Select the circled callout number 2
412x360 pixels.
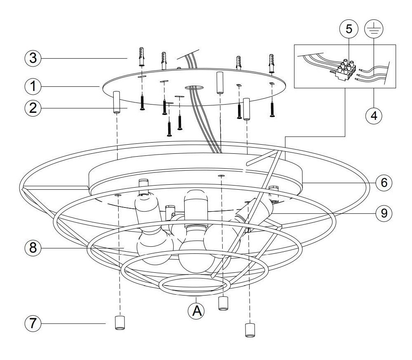33,108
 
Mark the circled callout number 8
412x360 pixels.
33,248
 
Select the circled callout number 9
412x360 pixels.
384,213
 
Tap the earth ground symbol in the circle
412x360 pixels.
374,29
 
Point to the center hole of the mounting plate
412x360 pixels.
194,88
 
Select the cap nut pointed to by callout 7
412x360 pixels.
119,323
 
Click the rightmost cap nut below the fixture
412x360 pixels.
249,330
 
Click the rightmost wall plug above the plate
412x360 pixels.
272,62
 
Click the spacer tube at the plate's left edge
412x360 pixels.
116,103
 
